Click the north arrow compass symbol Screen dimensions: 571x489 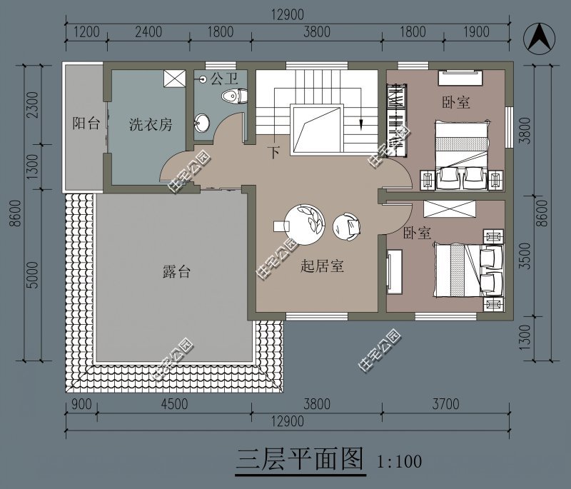click(540, 39)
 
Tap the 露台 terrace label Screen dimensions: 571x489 click(176, 271)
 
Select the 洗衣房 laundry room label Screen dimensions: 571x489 click(151, 125)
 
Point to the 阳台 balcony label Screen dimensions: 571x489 click(86, 123)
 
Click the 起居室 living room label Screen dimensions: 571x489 click(323, 266)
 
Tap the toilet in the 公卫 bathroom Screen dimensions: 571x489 click(234, 96)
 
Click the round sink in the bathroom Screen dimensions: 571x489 click(201, 123)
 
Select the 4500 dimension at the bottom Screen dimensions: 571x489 click(174, 404)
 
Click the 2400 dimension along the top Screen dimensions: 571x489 click(148, 31)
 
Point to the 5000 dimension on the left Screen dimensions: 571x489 click(33, 275)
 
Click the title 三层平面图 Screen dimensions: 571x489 click(300, 459)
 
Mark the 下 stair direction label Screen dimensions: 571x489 click(274, 152)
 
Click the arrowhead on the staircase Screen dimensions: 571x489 click(360, 124)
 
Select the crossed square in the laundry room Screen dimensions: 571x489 click(174, 79)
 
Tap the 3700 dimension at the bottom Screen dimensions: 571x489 click(445, 404)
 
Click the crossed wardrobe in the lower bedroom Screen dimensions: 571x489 click(450, 209)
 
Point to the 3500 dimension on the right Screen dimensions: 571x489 click(525, 256)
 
